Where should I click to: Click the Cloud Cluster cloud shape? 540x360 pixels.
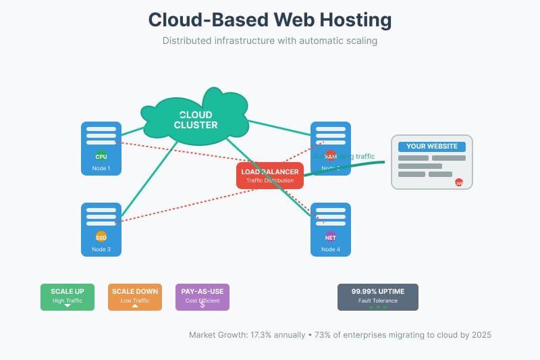click(x=195, y=118)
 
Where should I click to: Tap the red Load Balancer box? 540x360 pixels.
click(x=269, y=176)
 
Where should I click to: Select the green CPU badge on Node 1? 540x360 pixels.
click(x=101, y=156)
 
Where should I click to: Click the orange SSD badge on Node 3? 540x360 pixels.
click(x=101, y=237)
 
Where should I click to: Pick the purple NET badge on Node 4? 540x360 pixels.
click(x=330, y=237)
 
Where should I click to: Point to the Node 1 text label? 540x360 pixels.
click(x=101, y=168)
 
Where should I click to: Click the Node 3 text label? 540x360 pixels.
click(x=101, y=249)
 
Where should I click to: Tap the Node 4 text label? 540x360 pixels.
click(x=330, y=249)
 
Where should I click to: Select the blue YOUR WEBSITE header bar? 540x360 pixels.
click(x=432, y=147)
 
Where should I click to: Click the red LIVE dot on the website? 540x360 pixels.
click(x=459, y=182)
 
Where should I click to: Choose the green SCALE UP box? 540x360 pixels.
click(x=67, y=297)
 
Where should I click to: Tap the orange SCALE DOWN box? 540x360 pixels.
click(x=135, y=297)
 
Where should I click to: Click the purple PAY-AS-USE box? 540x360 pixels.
click(x=202, y=297)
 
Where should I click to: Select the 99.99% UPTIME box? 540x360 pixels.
click(x=378, y=297)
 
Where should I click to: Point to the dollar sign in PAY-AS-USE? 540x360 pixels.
click(x=202, y=305)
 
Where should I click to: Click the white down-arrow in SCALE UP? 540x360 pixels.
click(x=67, y=306)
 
